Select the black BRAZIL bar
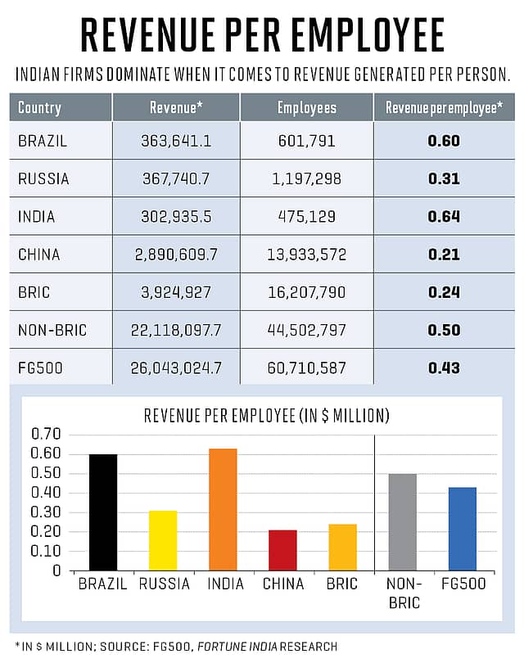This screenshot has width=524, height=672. click(x=103, y=512)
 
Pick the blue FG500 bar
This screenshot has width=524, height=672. click(x=463, y=529)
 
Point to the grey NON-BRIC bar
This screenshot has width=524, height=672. click(x=403, y=522)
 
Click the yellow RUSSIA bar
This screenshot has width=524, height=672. click(x=163, y=540)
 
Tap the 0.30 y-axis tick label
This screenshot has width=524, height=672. click(x=46, y=512)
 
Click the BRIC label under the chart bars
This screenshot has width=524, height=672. click(x=343, y=584)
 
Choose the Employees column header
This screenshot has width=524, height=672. click(x=307, y=107)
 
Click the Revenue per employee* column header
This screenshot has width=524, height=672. click(x=444, y=107)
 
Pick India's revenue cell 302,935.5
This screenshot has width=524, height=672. click(x=176, y=217)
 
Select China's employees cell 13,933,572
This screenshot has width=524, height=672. click(x=307, y=255)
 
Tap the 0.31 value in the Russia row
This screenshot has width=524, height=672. click(x=444, y=178)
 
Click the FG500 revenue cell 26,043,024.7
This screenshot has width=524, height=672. click(x=176, y=368)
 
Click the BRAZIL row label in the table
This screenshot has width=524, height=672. click(x=43, y=141)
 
